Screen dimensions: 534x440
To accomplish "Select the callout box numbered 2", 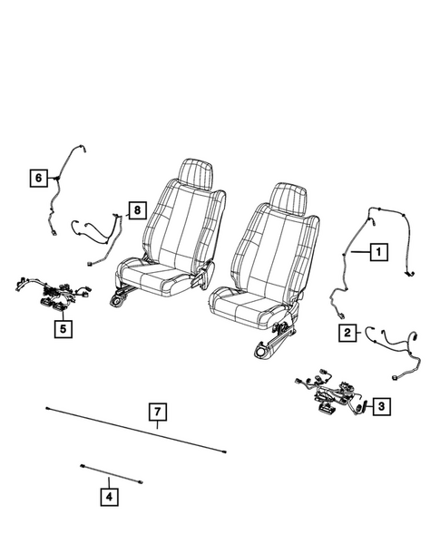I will [x=347, y=333].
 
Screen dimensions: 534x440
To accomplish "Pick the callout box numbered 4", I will [x=109, y=496].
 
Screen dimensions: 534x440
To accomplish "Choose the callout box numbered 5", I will [x=62, y=329].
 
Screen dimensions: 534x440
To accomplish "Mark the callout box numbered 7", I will [x=158, y=415].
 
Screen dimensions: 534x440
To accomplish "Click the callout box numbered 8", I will [x=135, y=211].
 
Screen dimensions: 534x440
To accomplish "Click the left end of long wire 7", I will [x=46, y=410].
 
